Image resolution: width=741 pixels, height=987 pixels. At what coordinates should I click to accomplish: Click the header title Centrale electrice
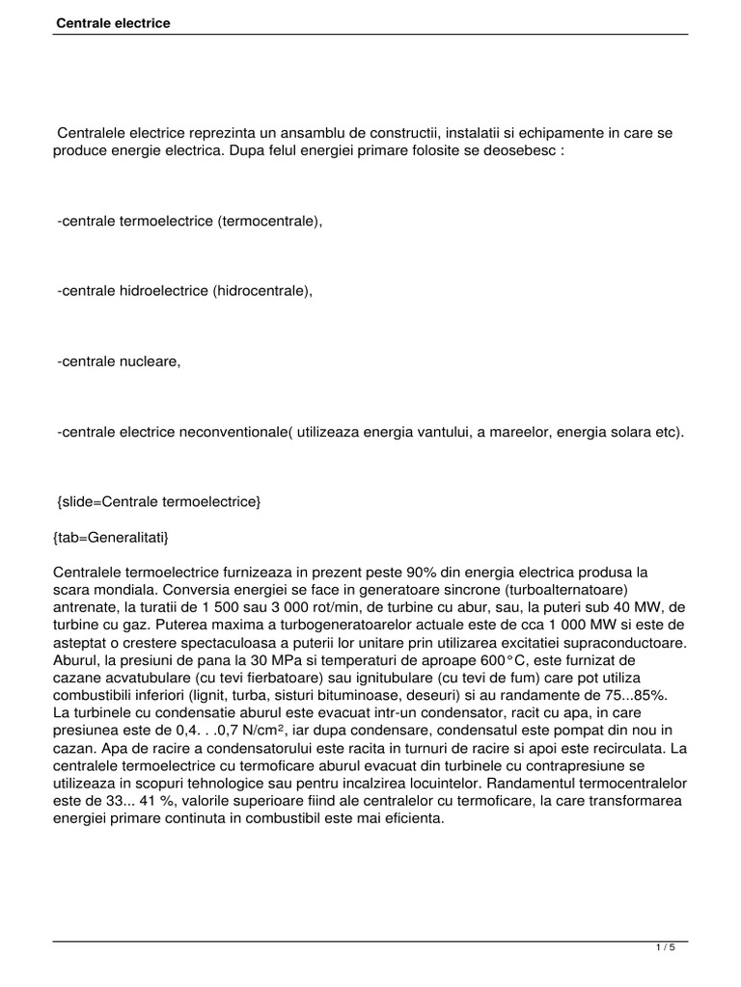click(x=112, y=22)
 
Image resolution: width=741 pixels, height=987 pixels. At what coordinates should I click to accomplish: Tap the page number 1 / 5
click(x=666, y=947)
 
